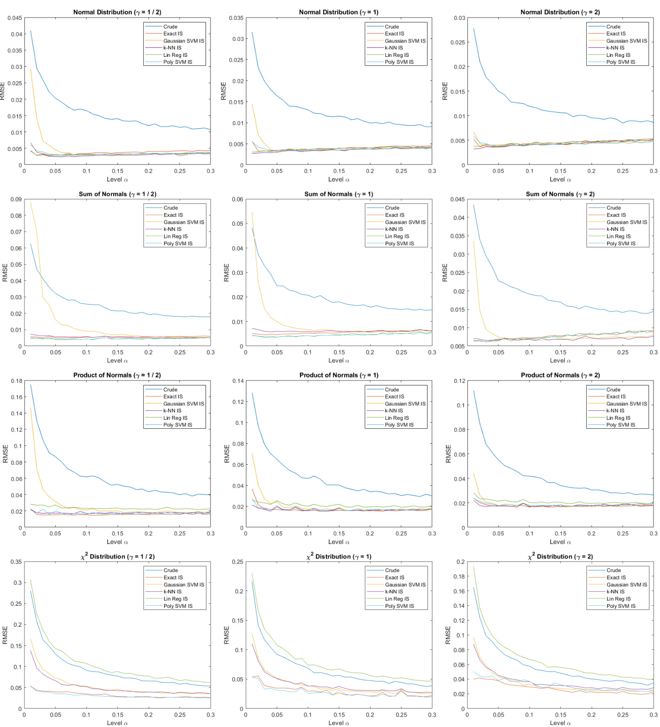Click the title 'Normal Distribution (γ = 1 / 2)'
point(117,12)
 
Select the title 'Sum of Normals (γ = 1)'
point(339,194)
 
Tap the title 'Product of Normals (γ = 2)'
point(560,375)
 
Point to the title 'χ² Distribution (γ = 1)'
point(339,556)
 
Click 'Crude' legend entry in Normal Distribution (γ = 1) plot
point(392,26)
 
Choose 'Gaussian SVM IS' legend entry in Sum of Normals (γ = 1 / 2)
point(184,222)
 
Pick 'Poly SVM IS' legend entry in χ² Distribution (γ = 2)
point(621,606)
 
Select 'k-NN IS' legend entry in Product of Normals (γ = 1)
point(394,411)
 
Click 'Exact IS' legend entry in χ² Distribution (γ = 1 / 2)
point(173,577)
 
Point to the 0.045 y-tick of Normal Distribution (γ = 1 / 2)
point(14,18)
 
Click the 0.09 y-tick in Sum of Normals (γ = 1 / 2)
point(16,199)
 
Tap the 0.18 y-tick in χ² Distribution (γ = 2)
point(459,576)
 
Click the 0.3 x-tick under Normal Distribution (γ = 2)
point(653,171)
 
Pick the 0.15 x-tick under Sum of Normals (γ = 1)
point(339,352)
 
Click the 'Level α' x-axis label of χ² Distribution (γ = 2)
point(560,723)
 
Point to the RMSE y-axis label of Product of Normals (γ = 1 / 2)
point(5,454)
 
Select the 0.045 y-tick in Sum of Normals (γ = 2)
point(457,199)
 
